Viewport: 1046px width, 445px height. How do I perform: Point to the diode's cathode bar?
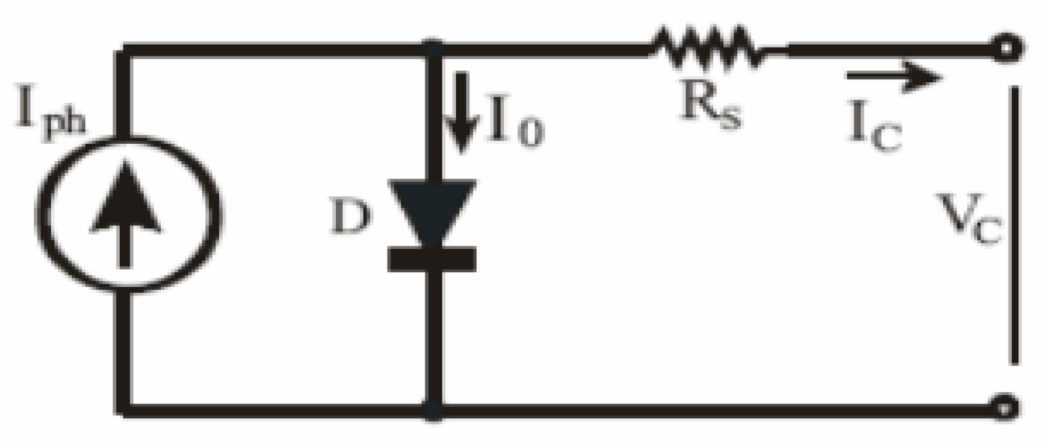432,260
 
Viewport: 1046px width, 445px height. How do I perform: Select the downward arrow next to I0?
462,111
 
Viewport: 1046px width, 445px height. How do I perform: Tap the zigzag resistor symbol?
707,48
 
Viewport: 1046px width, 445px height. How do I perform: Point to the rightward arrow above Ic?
893,77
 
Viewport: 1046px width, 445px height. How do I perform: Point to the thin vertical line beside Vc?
1015,226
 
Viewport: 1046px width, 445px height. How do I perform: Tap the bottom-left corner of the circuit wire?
124,410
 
